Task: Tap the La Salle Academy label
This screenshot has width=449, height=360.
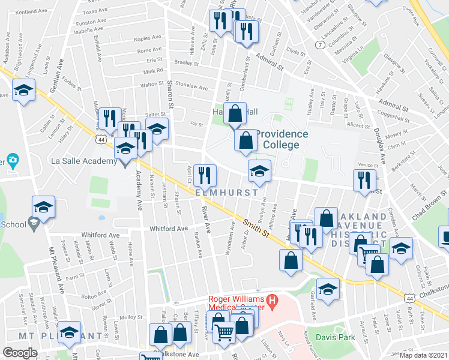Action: [x=83, y=161]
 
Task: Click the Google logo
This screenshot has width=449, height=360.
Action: [x=20, y=352]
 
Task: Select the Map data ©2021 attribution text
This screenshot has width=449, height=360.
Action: [x=424, y=355]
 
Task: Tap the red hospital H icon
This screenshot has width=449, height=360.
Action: [x=272, y=300]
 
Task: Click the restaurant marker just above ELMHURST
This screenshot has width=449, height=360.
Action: [x=205, y=175]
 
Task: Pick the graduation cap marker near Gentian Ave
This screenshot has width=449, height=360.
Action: [x=24, y=91]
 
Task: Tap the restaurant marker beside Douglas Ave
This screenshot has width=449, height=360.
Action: [x=364, y=179]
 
